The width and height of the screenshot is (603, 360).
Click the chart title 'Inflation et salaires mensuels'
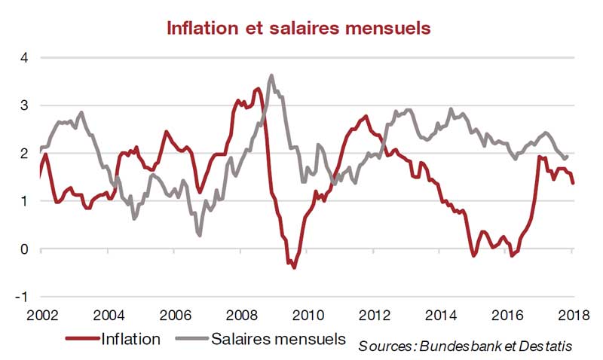tap(298, 28)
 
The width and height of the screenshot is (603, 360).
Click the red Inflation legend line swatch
tap(81, 339)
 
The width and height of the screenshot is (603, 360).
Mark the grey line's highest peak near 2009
tap(271, 75)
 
